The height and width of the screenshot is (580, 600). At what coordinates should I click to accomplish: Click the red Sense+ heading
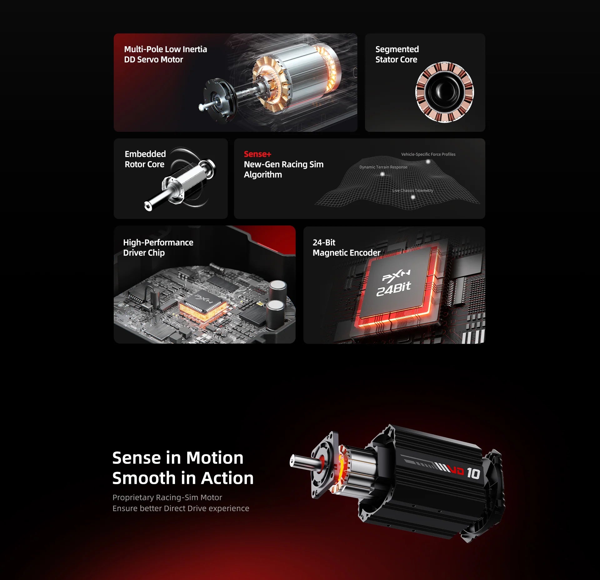(x=257, y=154)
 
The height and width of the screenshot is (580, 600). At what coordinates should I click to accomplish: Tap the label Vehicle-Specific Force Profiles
(x=428, y=154)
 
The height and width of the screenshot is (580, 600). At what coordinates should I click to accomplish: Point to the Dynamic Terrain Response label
(x=383, y=167)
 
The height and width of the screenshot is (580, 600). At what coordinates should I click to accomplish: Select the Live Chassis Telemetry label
(x=413, y=191)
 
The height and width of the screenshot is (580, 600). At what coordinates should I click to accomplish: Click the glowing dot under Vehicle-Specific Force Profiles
(x=428, y=161)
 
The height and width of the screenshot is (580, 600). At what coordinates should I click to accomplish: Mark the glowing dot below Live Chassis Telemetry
(x=413, y=197)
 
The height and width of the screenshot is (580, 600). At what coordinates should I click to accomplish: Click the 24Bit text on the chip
(x=393, y=289)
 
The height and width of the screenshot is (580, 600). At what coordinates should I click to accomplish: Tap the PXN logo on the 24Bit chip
(x=396, y=275)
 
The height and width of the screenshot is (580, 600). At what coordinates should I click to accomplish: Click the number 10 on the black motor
(x=473, y=473)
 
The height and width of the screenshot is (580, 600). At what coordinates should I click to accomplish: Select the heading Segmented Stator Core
(x=397, y=54)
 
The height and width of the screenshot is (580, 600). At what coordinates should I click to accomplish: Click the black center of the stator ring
(x=444, y=92)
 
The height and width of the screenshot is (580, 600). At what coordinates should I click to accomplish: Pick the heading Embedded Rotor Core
(x=145, y=159)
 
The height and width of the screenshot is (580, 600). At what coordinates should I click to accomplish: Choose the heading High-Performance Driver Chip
(x=158, y=247)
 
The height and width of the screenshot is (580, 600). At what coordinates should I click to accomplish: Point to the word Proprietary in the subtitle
(x=133, y=497)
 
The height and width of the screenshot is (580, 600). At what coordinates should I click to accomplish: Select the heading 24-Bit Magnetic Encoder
(x=347, y=247)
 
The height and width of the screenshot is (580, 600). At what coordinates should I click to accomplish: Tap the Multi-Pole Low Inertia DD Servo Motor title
(x=165, y=54)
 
